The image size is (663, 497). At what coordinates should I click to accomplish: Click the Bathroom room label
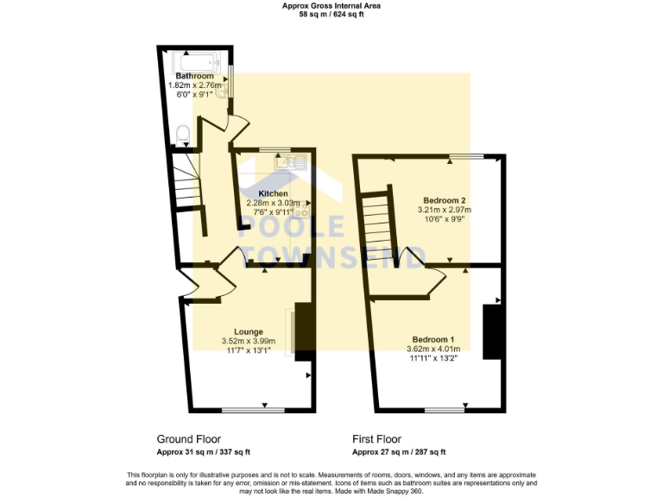pos(194,76)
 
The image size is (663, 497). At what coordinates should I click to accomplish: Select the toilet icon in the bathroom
pos(182,135)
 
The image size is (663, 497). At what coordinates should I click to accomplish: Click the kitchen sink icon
pos(285,160)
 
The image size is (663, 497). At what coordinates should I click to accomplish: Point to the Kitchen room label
pos(274,193)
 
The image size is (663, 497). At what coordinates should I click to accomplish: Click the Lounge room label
pos(249,331)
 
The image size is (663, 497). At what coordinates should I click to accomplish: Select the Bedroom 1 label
pos(433,339)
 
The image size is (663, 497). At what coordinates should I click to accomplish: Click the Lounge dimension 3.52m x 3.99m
pos(249,341)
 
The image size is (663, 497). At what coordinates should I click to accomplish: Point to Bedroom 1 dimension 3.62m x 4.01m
pos(433,349)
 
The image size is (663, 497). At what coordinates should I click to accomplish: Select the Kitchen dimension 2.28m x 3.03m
pos(274,203)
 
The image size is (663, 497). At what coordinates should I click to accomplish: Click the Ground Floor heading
pos(188,439)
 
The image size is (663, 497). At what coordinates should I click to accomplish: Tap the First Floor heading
pos(376,439)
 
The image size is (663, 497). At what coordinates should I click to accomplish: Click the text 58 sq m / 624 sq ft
pos(331,15)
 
